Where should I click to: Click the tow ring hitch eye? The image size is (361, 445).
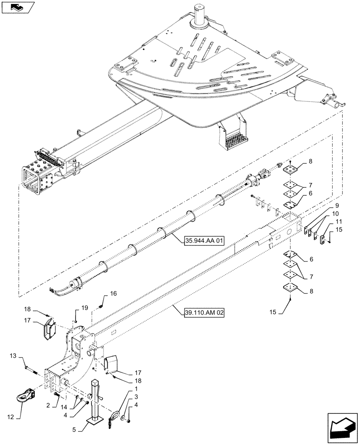tap(28, 393)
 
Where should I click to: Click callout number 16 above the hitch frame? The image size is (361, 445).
tap(113, 293)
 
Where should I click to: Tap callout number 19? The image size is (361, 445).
tap(85, 307)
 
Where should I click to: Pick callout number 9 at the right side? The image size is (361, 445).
tap(337, 206)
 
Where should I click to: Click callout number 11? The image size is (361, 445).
tap(338, 221)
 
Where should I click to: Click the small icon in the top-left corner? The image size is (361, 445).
tap(17, 8)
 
